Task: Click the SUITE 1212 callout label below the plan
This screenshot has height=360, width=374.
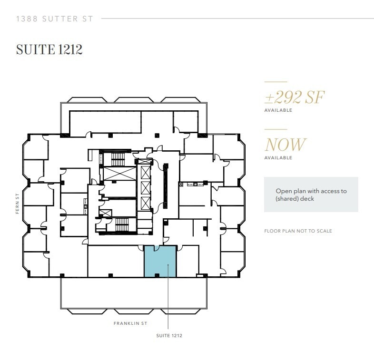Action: [169, 336]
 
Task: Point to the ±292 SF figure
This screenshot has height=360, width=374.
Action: [294, 97]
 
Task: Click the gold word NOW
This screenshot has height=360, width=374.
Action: [285, 145]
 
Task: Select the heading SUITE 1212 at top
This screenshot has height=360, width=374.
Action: [49, 49]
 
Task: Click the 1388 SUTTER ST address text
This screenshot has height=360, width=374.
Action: [55, 19]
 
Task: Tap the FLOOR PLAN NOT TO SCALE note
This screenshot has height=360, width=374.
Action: [298, 231]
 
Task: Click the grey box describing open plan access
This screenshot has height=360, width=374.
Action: [311, 195]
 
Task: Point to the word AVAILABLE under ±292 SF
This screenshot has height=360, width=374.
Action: [278, 110]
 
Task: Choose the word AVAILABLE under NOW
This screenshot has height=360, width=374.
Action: [278, 158]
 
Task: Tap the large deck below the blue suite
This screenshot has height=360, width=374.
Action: [133, 293]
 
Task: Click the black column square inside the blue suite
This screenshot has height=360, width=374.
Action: [157, 275]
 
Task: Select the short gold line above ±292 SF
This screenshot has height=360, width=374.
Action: [276, 82]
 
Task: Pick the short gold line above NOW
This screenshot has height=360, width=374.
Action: [276, 129]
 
